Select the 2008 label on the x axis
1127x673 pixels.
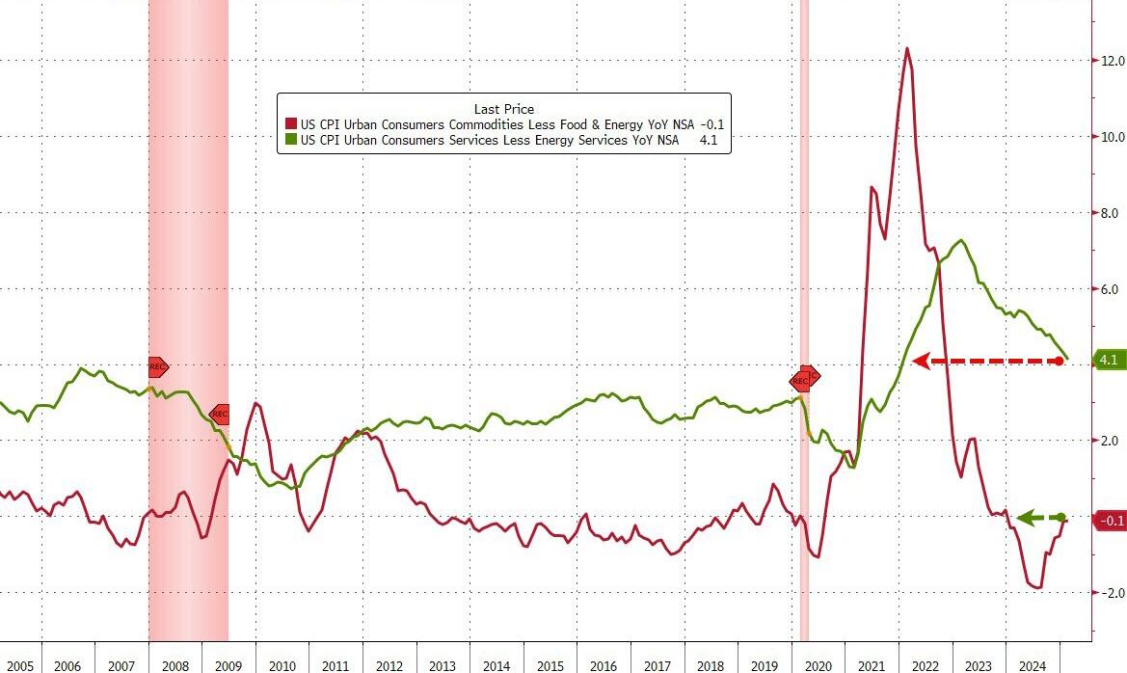coord(174,666)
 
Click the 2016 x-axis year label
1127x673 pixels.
coord(604,666)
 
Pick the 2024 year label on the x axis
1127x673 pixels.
coord(1033,666)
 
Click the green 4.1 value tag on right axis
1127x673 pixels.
coord(1109,361)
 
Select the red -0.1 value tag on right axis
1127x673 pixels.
coord(1110,521)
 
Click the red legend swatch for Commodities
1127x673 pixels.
coord(290,124)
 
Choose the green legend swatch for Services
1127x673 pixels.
coord(290,140)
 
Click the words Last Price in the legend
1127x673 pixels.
coord(503,109)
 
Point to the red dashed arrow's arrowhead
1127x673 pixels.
coord(920,362)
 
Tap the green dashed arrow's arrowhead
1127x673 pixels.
coord(1025,518)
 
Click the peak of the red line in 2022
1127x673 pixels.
coord(906,48)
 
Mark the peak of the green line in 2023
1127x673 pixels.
coord(960,241)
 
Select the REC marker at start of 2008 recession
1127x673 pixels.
coord(158,366)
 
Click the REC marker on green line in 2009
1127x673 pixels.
coord(219,415)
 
